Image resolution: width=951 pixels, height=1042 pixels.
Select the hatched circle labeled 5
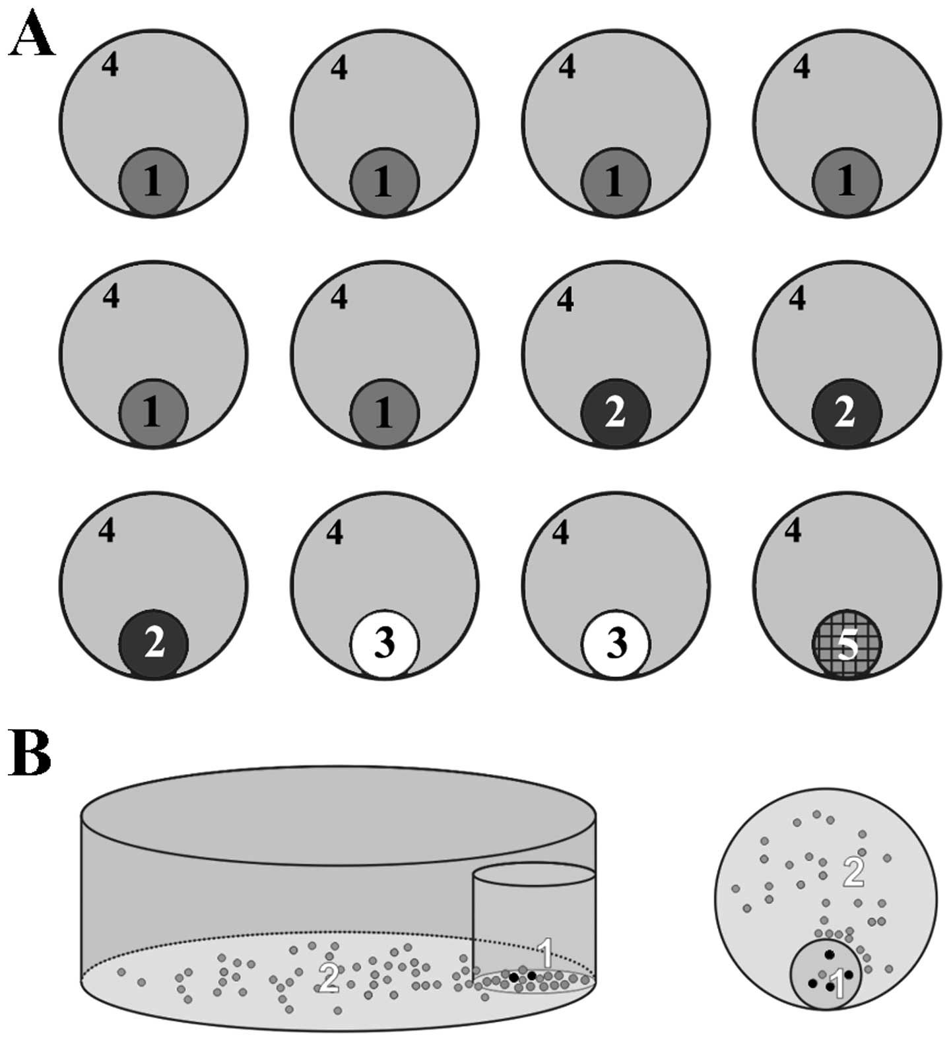pos(847,644)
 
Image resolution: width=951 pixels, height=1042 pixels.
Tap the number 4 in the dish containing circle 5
pos(794,530)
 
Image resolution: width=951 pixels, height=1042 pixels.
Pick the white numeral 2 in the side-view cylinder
pos(328,978)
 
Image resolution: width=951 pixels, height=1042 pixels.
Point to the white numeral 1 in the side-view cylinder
pos(545,952)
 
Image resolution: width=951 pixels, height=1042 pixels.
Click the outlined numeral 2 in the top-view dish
pos(853,872)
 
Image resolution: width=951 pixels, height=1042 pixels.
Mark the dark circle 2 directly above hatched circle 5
pos(847,413)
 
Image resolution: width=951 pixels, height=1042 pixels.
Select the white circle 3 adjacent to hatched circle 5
pos(616,644)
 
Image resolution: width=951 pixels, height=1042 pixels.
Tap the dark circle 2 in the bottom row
pos(154,644)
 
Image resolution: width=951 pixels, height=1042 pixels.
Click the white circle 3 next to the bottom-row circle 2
pos(385,644)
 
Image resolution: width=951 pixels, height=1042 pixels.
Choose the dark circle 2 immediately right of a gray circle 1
pos(616,413)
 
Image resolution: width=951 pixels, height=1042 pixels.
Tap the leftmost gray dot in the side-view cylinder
pos(121,972)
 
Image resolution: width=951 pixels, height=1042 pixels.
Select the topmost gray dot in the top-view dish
pos(817,814)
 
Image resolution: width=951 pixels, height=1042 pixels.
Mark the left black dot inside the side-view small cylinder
pos(513,977)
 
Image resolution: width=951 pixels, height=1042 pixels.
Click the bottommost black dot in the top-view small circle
pos(830,987)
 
